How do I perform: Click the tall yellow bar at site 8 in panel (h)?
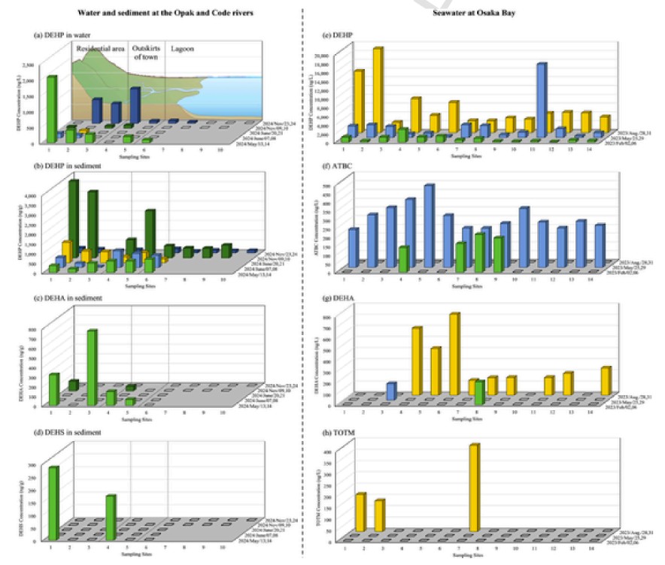[474, 488]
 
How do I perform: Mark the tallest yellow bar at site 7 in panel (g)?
[454, 353]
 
